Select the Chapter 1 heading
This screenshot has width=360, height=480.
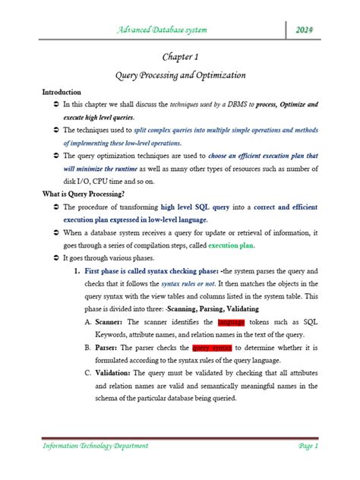tap(180, 57)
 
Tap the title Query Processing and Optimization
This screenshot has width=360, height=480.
tap(180, 77)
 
